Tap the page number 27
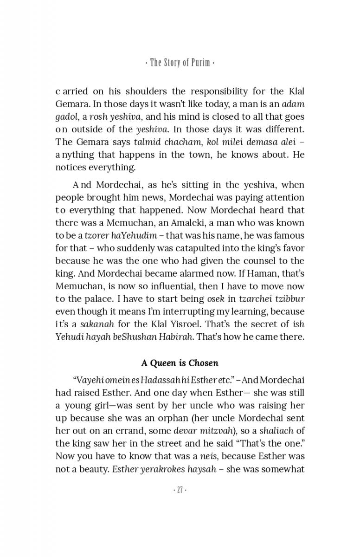(180, 490)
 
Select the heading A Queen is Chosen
(180, 363)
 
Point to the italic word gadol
(67, 117)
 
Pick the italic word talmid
(147, 142)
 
